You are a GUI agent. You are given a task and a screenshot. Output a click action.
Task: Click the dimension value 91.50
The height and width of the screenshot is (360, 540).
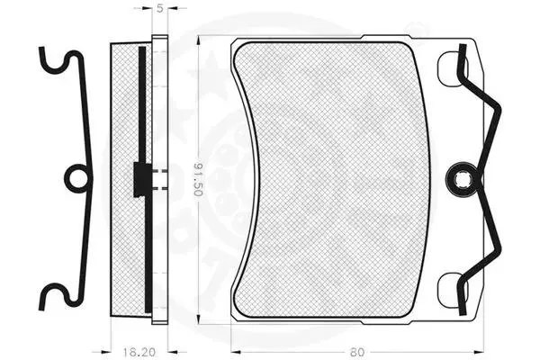pos(197,179)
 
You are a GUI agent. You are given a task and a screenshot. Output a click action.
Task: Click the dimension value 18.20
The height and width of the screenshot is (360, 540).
pos(139,352)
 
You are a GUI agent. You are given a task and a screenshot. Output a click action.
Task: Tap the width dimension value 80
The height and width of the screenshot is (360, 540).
pos(357,352)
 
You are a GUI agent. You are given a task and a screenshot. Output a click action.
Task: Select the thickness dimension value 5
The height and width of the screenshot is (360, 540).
pos(160,8)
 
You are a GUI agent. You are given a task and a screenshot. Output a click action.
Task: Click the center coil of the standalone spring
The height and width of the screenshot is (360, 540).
pos(77,179)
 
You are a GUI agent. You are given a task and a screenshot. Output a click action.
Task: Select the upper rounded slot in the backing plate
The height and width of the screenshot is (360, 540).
pos(452,69)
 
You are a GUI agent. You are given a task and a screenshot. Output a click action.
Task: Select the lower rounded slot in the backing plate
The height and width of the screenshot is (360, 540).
pos(452,289)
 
